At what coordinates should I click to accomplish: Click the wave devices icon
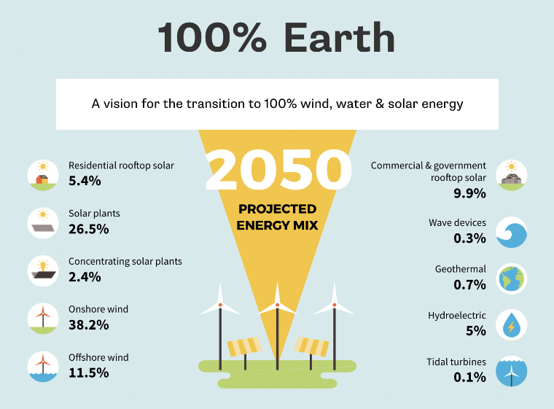pyautogui.click(x=511, y=232)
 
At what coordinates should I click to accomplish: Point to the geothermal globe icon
pyautogui.click(x=511, y=278)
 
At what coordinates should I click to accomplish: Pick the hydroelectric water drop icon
pyautogui.click(x=511, y=325)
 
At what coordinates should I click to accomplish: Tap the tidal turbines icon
pyautogui.click(x=511, y=372)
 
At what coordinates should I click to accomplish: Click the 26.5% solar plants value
pyautogui.click(x=88, y=229)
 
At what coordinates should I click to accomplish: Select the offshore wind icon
pyautogui.click(x=42, y=367)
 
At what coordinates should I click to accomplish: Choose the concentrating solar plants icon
pyautogui.click(x=42, y=270)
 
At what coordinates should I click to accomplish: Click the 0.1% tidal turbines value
pyautogui.click(x=469, y=377)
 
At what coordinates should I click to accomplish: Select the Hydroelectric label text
pyautogui.click(x=456, y=316)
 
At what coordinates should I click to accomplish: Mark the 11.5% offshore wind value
pyautogui.click(x=88, y=373)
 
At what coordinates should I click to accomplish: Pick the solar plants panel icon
pyautogui.click(x=42, y=222)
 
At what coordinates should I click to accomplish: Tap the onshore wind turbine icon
pyautogui.click(x=42, y=319)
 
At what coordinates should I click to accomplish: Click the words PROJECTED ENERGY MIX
pyautogui.click(x=277, y=217)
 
